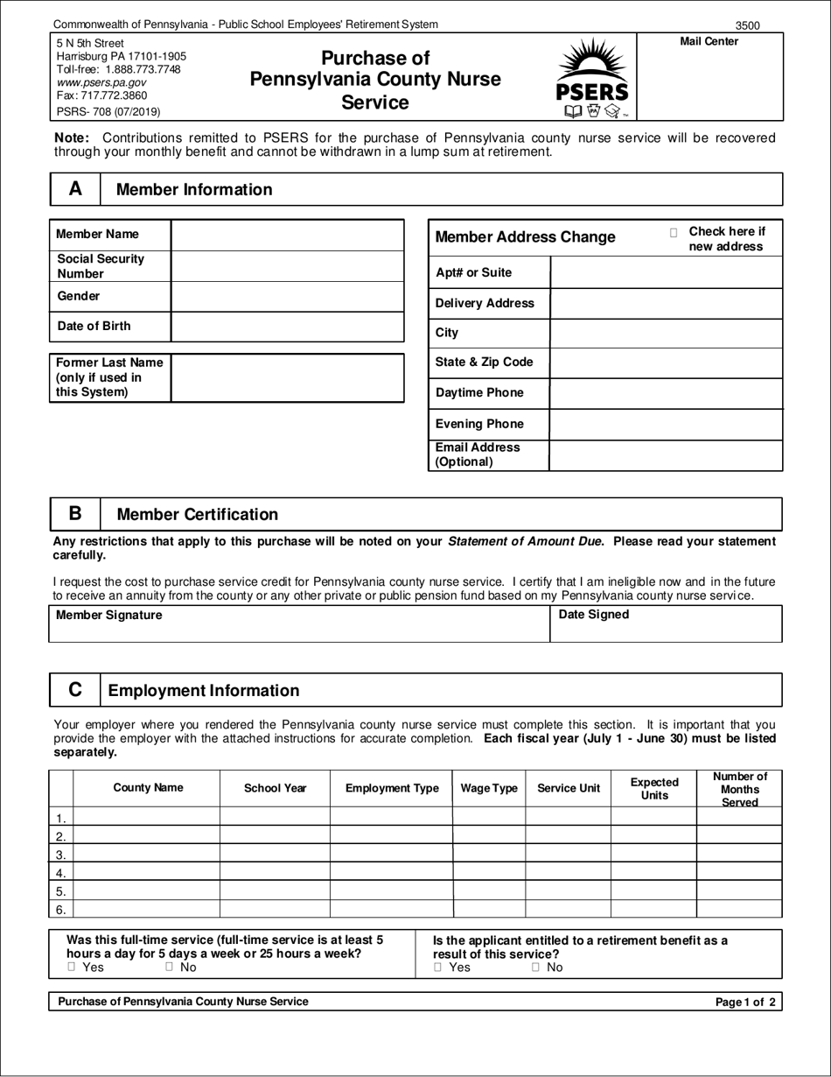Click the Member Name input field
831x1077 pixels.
click(287, 235)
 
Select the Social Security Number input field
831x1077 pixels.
click(287, 266)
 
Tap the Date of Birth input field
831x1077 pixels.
click(287, 327)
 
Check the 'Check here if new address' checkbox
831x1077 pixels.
click(674, 233)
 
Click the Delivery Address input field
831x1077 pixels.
click(666, 304)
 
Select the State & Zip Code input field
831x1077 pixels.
click(666, 363)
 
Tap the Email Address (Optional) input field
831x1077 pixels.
click(666, 455)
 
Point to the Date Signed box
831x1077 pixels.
click(666, 623)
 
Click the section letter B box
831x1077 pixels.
click(75, 514)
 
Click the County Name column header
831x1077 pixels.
click(148, 788)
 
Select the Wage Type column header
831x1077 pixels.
click(489, 788)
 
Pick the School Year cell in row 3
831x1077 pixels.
click(275, 854)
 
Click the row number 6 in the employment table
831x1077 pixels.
click(61, 910)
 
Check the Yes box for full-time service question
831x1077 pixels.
click(72, 968)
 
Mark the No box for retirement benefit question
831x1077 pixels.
click(535, 968)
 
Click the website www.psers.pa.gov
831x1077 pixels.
click(101, 82)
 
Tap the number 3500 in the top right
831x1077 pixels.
click(747, 25)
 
